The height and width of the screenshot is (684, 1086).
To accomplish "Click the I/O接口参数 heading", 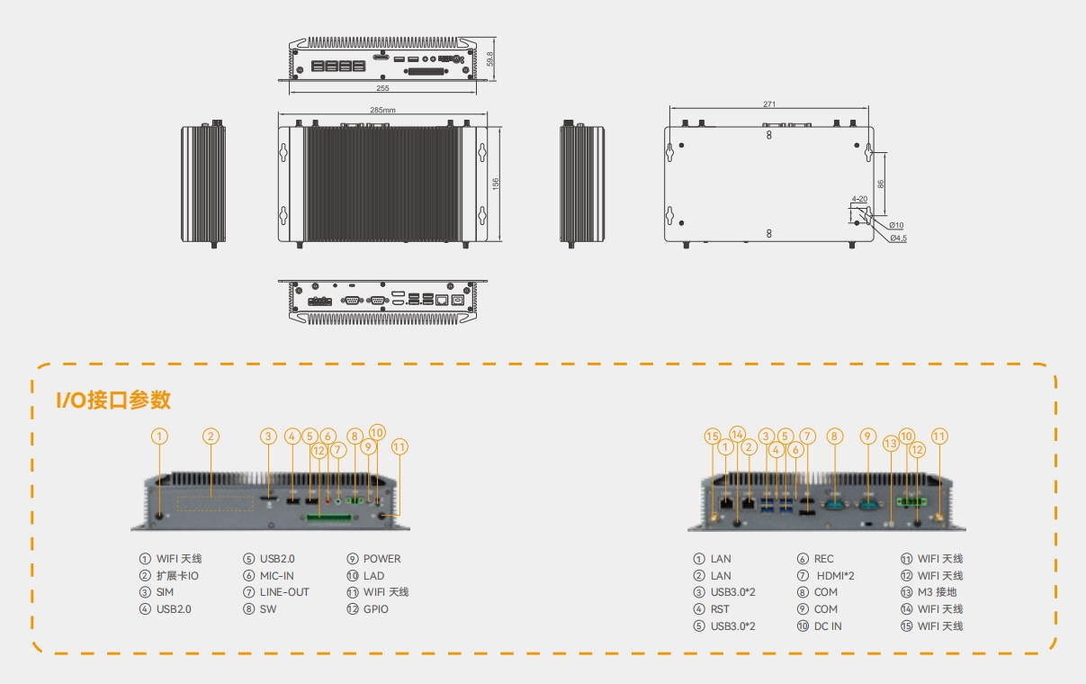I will coord(113,400).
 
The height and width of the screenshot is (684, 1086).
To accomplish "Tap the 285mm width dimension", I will coord(382,110).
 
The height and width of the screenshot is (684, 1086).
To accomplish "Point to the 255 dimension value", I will coord(382,88).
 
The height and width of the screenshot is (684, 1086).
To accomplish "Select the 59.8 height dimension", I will coord(490,58).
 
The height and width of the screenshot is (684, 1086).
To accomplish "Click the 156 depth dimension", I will coord(496,183).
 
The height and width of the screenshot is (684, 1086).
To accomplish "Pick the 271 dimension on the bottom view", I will coord(768,104).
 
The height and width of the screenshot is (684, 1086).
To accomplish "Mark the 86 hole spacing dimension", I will coord(881,183).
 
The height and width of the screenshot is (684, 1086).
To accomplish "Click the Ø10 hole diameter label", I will coord(896,225).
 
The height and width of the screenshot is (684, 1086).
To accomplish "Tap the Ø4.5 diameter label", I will coord(898,238).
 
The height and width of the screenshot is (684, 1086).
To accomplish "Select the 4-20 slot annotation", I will coord(859,199).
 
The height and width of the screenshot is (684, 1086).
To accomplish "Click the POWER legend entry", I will coord(381,559).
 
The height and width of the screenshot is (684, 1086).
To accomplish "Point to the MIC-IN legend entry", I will coord(276,576).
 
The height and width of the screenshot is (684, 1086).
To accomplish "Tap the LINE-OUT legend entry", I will coord(283,592).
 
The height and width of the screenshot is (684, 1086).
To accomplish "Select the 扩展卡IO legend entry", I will coord(177,576).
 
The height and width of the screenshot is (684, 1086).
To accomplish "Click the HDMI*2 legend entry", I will coord(834,576).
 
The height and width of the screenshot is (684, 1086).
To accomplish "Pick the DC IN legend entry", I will coord(827,626).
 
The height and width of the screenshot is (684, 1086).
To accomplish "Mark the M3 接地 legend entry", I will coord(937,592).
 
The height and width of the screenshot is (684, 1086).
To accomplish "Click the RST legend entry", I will coord(720,609).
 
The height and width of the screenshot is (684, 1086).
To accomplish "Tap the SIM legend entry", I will coord(165,592).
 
